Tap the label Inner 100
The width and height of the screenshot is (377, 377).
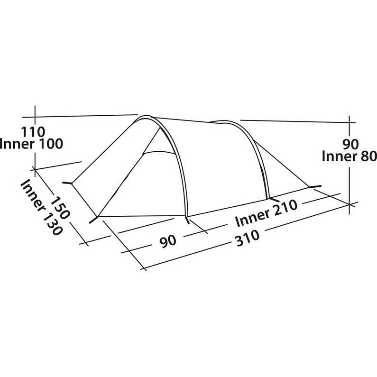(x=32, y=144)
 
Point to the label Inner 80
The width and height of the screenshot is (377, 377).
(x=349, y=156)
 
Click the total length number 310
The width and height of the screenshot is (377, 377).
(x=246, y=236)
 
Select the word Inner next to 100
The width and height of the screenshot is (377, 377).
(x=17, y=144)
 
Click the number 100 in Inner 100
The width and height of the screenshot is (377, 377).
(x=49, y=144)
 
